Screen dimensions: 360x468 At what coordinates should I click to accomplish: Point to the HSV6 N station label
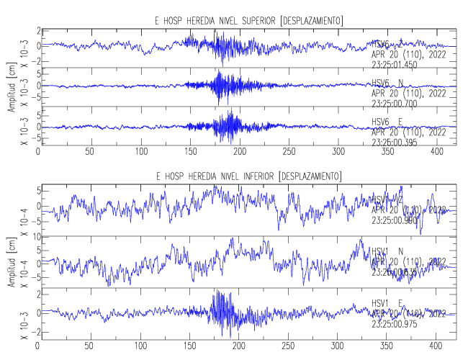387,84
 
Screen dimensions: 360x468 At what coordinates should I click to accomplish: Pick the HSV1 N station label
387,251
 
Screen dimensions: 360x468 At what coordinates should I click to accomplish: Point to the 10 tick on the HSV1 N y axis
34,236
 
